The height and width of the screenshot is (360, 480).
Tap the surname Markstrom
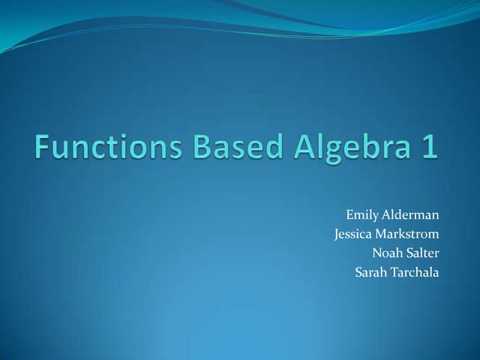pos(410,233)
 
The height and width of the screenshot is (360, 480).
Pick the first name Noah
pos(385,252)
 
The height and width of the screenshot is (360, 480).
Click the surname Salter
pos(421,252)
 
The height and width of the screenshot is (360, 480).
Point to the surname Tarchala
pos(413,271)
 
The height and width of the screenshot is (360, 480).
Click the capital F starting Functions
pos(41,146)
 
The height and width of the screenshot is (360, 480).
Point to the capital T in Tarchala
pos(391,271)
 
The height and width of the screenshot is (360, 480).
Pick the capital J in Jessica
pos(337,234)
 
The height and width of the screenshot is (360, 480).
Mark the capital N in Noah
pos(376,252)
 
